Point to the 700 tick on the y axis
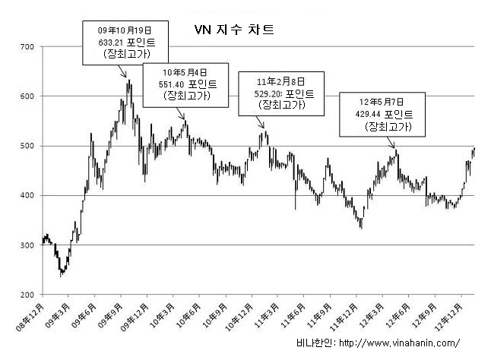coord(27,47)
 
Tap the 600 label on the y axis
coord(27,96)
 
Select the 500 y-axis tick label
coord(27,146)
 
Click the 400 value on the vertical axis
coord(27,196)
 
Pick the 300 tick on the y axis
coord(27,245)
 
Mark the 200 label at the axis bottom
coord(27,295)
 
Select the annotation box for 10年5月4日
coord(186,83)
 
